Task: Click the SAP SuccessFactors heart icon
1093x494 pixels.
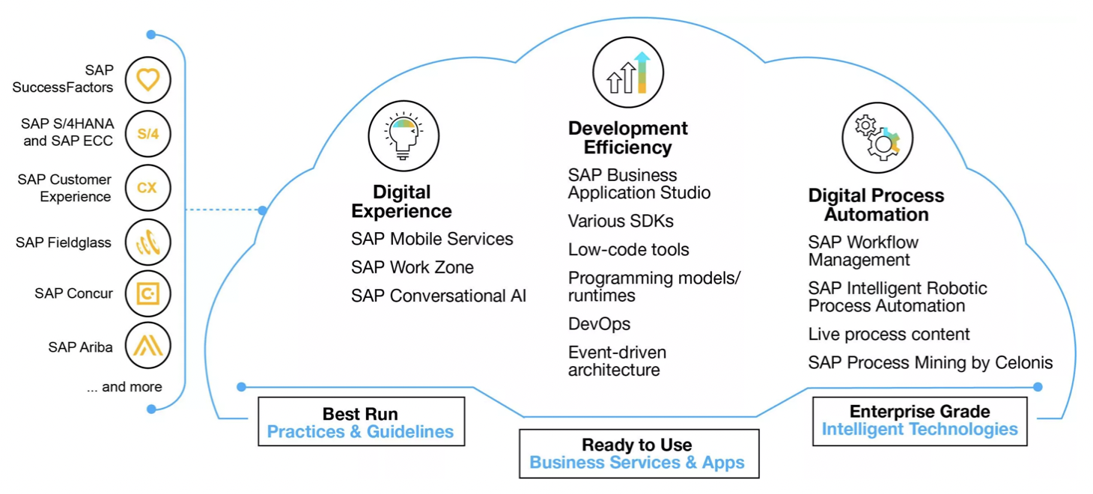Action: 147,80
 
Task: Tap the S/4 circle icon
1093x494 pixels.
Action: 147,134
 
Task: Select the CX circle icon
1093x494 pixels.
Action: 147,188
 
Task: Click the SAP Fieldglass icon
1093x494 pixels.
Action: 147,243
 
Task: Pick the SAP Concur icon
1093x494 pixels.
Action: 147,293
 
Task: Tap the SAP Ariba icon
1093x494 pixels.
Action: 147,345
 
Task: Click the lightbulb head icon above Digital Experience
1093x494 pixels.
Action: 404,136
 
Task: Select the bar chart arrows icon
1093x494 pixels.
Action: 628,72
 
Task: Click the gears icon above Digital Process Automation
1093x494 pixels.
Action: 877,138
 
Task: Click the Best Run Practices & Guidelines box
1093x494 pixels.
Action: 361,421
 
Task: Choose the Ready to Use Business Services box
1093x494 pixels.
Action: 639,454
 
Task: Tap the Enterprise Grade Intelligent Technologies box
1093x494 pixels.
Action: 920,421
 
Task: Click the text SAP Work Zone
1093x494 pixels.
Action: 412,267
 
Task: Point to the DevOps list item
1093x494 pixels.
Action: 599,324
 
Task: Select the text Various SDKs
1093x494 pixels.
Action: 621,221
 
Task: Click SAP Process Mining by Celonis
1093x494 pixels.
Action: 930,363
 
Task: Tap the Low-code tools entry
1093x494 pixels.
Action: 629,250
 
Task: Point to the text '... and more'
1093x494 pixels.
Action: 124,387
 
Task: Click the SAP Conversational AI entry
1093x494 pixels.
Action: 439,296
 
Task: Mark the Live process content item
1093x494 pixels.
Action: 889,335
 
